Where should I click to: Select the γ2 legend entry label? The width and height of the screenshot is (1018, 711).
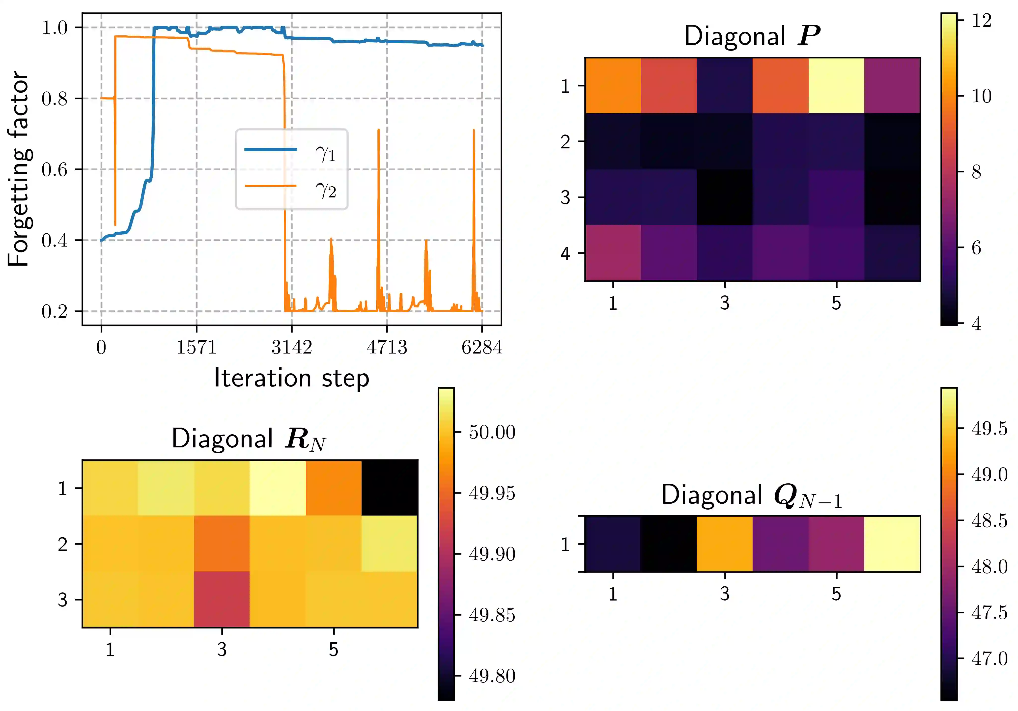325,190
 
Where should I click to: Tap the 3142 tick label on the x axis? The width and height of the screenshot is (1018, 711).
292,347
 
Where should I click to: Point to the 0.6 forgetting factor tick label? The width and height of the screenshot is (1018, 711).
55,170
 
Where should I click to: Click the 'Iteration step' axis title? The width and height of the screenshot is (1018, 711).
292,378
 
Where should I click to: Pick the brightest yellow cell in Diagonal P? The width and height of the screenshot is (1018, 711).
836,85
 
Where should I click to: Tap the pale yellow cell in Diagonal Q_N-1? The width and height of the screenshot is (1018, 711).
892,544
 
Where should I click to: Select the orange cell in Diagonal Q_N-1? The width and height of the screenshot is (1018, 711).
725,544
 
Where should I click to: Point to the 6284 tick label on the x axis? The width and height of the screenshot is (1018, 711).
482,347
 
